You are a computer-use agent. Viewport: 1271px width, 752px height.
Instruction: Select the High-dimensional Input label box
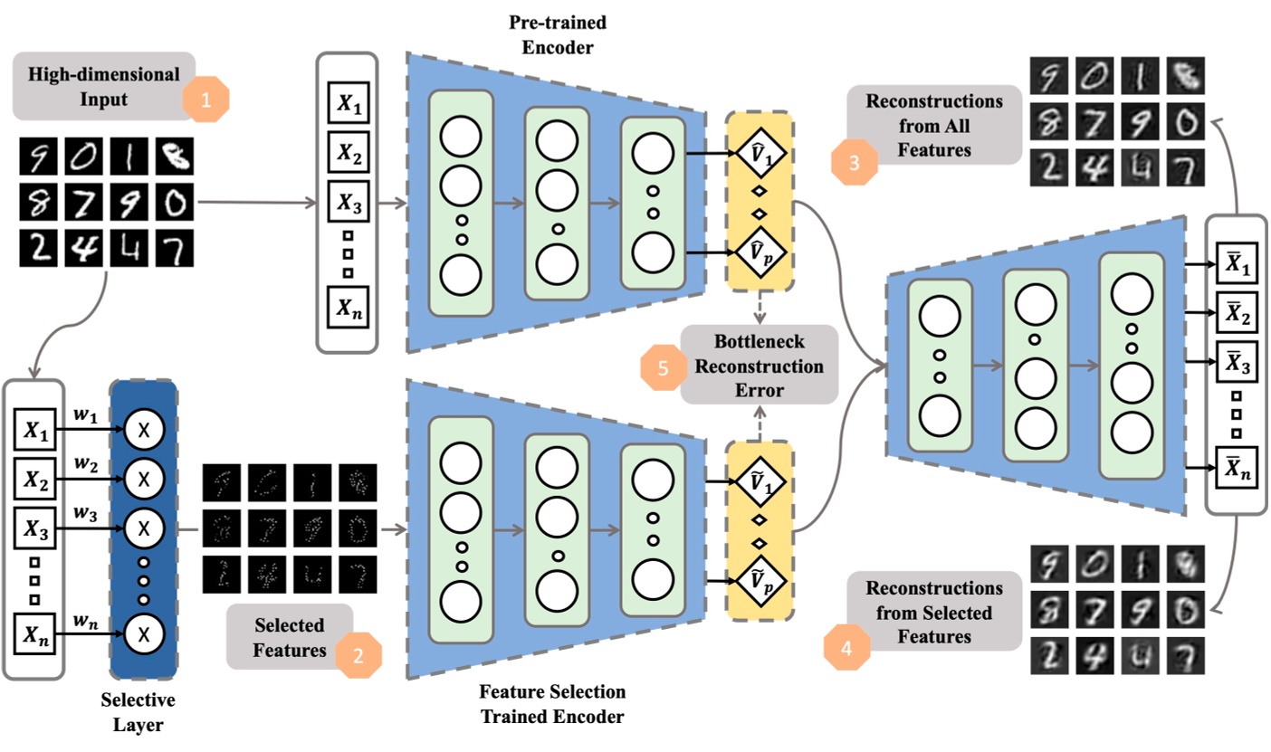[x=102, y=85]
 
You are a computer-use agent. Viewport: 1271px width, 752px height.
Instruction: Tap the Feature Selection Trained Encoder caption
[x=552, y=704]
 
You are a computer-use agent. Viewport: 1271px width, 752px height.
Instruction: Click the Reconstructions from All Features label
[x=934, y=125]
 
